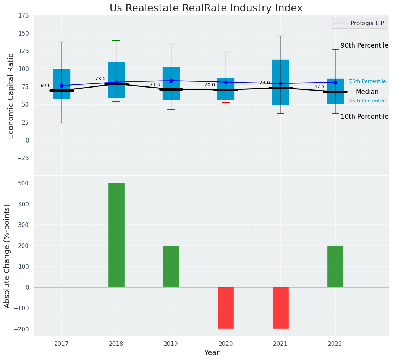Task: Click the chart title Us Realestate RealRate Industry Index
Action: [206, 8]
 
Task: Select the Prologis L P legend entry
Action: [359, 23]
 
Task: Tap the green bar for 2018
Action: [116, 235]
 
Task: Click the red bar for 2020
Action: [226, 308]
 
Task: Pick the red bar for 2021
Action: [280, 308]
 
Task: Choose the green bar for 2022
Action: [335, 266]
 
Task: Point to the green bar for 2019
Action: [171, 266]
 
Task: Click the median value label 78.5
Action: [100, 79]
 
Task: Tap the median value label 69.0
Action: [45, 86]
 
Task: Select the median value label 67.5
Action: [319, 87]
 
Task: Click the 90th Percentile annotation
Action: [364, 45]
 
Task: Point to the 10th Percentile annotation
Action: [364, 117]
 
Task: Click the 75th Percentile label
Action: [367, 81]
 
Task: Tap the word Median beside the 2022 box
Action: [367, 92]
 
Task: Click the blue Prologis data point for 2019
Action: [171, 81]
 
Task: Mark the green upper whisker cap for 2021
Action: [280, 36]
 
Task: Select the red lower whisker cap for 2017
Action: [61, 123]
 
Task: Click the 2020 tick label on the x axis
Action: [226, 344]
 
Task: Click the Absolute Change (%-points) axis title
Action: [7, 256]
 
